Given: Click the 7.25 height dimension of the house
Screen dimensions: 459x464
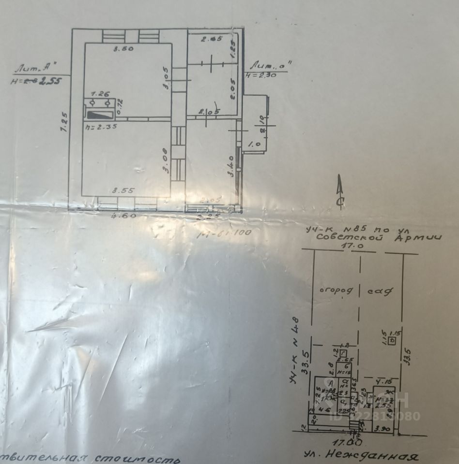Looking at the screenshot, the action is click(x=62, y=122).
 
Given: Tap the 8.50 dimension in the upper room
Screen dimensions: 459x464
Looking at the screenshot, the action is click(x=123, y=49).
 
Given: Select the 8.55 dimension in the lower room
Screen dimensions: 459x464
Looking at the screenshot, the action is click(x=122, y=190).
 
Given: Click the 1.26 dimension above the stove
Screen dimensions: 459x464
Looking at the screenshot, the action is click(x=99, y=93).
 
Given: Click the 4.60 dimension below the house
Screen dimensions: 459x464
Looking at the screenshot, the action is click(x=109, y=216).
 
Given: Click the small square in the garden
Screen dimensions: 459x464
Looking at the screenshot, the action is click(x=393, y=340).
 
